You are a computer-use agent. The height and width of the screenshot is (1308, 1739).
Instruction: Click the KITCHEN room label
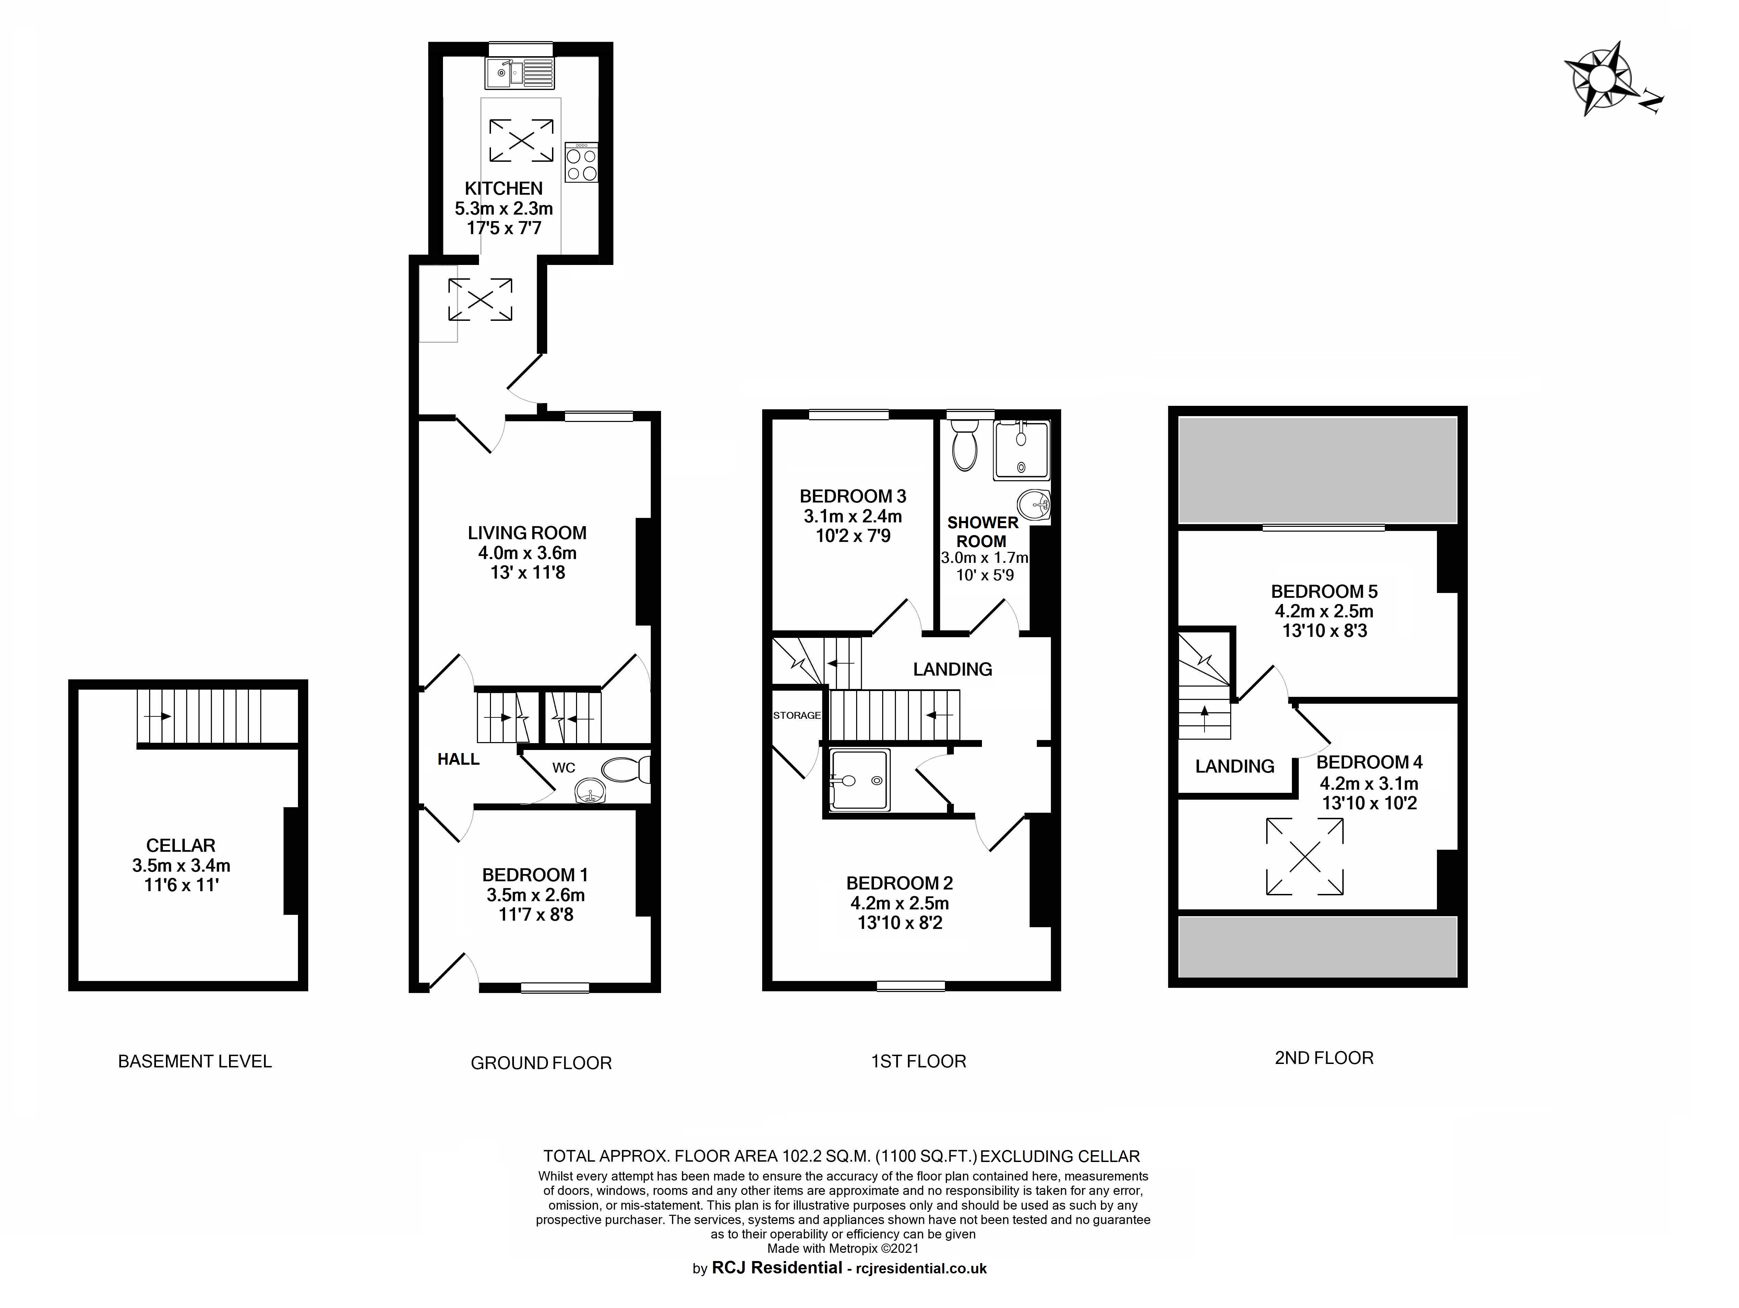click(x=504, y=189)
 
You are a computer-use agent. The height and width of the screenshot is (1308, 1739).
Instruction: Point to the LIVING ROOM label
click(x=527, y=533)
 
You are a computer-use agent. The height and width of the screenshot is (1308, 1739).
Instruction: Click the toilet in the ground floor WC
click(x=628, y=770)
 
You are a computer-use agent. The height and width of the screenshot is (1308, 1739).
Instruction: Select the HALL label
click(x=458, y=759)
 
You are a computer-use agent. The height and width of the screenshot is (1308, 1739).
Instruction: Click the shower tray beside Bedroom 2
click(x=859, y=780)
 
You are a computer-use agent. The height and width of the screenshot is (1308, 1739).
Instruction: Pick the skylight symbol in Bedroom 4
click(x=1304, y=857)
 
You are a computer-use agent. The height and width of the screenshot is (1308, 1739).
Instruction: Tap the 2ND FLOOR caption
click(x=1324, y=1058)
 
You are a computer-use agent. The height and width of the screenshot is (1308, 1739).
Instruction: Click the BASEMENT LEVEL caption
click(x=195, y=1061)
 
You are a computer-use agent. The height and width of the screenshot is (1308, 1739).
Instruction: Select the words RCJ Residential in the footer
click(x=777, y=1267)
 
